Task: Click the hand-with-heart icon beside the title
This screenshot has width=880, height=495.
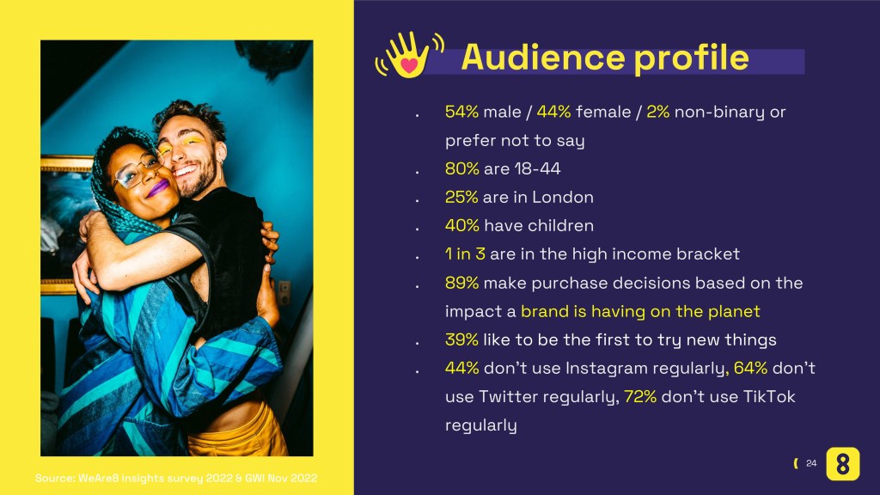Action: point(409,54)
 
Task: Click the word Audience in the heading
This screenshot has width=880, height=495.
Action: point(543,58)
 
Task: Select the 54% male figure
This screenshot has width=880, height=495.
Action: point(461,112)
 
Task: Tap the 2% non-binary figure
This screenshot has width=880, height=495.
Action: point(657,112)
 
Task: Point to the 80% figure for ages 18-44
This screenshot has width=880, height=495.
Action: point(461,168)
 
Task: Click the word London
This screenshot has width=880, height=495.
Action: point(563,197)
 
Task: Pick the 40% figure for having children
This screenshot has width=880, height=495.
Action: point(461,226)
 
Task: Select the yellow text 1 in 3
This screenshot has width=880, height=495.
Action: point(465,254)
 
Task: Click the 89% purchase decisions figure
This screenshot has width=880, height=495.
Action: point(461,282)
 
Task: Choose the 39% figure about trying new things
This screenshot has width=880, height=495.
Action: point(461,339)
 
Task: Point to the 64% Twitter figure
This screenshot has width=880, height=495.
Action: point(750,368)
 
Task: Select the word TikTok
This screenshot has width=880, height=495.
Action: point(769,396)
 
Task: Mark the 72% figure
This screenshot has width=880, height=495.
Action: point(640,396)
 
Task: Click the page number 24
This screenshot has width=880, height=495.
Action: point(811,463)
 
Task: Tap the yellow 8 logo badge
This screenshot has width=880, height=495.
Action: point(842,463)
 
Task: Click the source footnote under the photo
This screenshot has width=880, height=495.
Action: point(176,478)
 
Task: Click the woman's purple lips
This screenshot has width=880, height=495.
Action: point(158,187)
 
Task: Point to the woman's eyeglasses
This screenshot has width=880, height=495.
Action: point(137,171)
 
